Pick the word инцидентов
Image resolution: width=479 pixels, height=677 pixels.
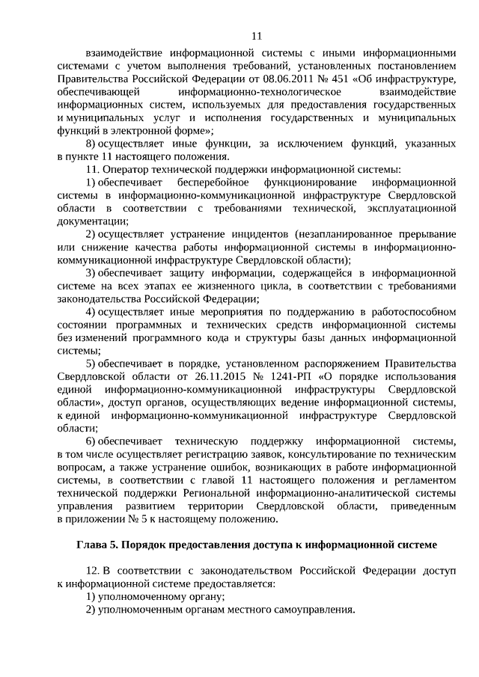pyautogui.click(x=254, y=233)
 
